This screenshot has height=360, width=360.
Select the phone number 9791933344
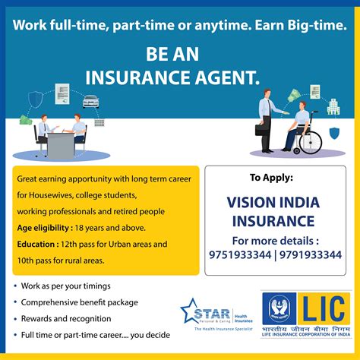[x=310, y=255]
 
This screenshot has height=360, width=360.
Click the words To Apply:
[x=271, y=179]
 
